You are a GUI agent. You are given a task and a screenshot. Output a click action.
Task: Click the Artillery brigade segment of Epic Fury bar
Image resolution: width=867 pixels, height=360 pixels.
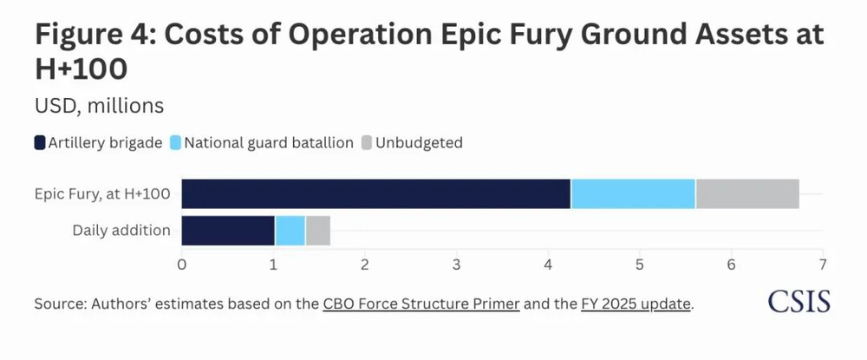[375, 194]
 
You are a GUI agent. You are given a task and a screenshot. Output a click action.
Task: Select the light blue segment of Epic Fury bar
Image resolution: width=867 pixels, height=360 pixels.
[633, 194]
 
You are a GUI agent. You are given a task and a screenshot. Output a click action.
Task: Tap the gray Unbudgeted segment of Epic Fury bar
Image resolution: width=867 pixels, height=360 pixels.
[746, 194]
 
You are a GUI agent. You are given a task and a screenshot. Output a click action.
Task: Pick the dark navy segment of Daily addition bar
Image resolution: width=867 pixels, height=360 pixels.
[227, 231]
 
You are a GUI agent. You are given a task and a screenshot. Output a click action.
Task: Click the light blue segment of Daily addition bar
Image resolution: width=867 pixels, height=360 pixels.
[290, 231]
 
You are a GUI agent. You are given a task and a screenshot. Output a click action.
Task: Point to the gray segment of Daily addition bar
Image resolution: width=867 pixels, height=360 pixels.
[317, 231]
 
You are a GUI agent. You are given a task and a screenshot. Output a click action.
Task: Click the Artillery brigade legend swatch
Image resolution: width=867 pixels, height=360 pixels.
[41, 142]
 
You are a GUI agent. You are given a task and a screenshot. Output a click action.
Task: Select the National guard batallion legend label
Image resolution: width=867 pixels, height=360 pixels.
[268, 142]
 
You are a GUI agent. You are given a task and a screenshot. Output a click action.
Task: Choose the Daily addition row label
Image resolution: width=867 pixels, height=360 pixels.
[122, 231]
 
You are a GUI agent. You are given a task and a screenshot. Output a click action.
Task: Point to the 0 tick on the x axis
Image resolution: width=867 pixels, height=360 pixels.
[181, 263]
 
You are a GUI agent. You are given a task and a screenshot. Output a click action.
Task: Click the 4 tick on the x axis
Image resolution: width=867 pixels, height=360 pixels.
[548, 263]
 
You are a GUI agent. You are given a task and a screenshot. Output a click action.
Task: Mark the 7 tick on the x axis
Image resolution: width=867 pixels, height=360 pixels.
[822, 263]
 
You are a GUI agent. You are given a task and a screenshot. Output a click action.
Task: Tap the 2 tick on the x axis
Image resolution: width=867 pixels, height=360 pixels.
[365, 263]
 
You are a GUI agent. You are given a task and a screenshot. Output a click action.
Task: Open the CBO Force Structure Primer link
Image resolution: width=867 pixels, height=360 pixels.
[420, 304]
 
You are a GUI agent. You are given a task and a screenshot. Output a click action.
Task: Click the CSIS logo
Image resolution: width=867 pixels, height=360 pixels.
[799, 301]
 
